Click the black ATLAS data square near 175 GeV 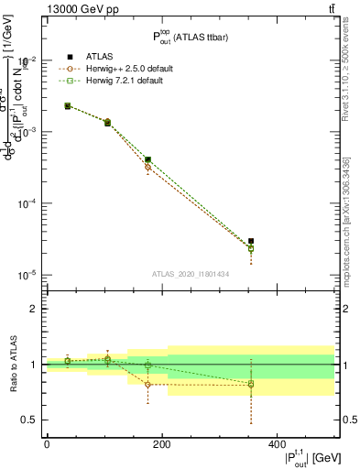[x=148, y=159]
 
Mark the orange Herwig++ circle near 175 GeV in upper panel [x=148, y=167]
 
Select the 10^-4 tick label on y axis [x=27, y=203]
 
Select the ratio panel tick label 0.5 [x=31, y=420]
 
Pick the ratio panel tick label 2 [x=35, y=309]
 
